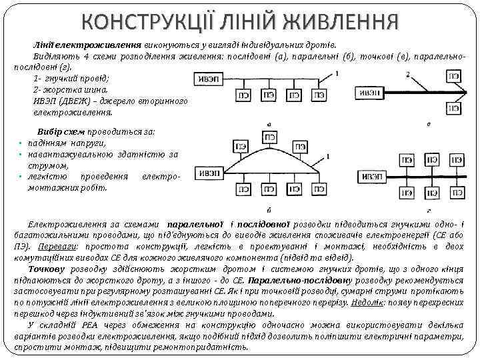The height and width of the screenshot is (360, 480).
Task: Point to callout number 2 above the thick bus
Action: tap(407, 74)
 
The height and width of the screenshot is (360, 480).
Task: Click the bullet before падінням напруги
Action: tap(22, 143)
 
